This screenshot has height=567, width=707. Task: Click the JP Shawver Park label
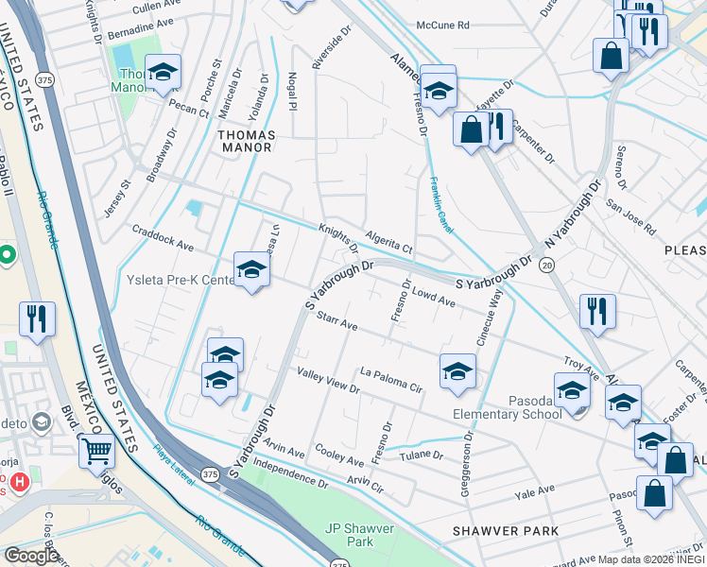click(348, 535)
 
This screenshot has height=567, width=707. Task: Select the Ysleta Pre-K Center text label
click(181, 281)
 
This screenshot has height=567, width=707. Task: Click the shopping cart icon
click(96, 451)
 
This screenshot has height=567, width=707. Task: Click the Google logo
click(30, 555)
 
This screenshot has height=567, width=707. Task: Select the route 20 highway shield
click(547, 266)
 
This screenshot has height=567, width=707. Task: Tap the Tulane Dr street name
click(423, 455)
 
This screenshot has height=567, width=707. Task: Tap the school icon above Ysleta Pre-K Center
click(252, 269)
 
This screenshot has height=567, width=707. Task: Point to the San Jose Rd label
click(630, 216)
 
